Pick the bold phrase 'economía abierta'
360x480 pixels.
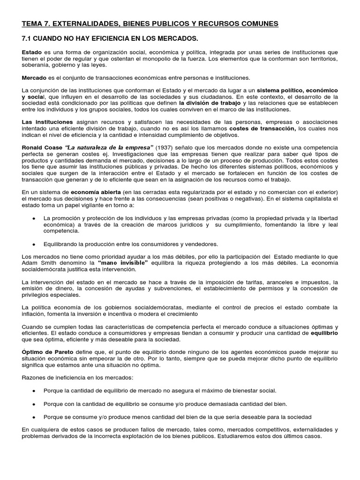[x=95, y=192]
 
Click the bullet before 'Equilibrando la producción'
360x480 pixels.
[x=35, y=244]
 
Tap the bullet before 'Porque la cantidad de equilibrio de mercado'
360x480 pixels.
[x=35, y=390]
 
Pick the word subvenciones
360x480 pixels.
[x=169, y=288]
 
